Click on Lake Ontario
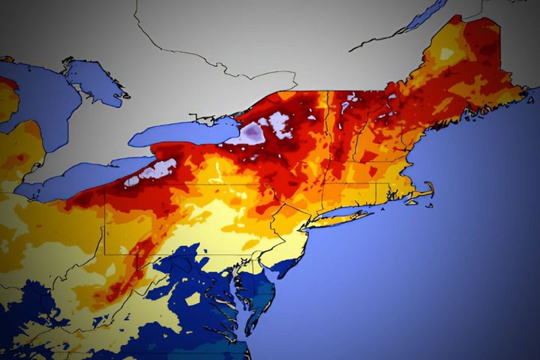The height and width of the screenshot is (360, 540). coord(180,133)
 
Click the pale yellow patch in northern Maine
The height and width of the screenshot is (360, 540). coord(447,54)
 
